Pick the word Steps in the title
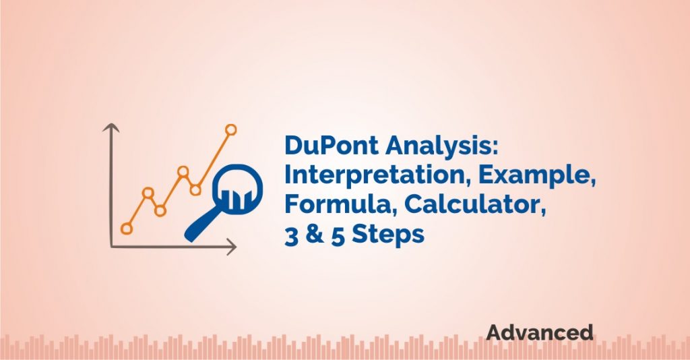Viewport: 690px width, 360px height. [x=387, y=234]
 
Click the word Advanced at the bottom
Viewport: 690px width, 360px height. [x=540, y=332]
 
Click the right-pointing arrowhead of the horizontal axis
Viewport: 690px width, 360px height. [x=232, y=247]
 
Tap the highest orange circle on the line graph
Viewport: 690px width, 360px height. [x=231, y=129]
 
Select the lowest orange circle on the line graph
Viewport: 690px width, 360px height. [x=127, y=229]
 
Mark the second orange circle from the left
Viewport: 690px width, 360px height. [x=148, y=193]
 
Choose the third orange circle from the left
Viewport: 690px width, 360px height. [x=160, y=210]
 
